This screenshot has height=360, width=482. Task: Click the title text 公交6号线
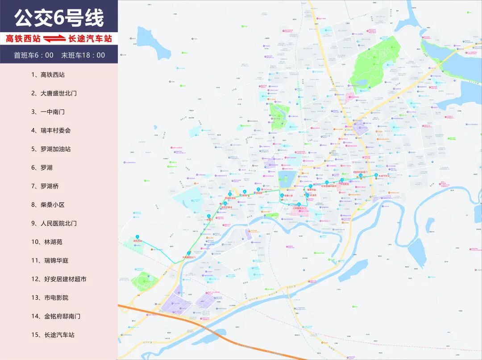tap(59, 18)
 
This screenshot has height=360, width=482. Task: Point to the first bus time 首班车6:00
tap(33, 55)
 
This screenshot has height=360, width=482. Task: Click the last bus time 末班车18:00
tap(83, 55)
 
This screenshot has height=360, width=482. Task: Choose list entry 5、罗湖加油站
tap(51, 149)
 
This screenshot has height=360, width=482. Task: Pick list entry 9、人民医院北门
tap(54, 223)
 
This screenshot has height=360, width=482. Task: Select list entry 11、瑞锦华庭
tap(50, 260)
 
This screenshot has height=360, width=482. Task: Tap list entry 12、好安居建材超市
tap(59, 279)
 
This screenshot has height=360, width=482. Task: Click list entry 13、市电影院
tap(50, 297)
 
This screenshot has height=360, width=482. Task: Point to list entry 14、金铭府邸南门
tap(56, 316)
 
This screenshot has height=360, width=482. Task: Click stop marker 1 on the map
tap(137, 236)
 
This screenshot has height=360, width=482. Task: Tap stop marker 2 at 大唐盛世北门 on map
tap(189, 253)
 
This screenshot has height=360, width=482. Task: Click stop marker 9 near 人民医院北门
tap(299, 205)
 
